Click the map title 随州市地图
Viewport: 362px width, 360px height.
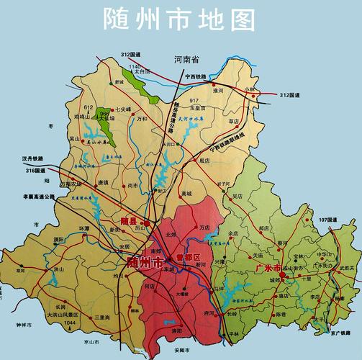coord(179,19)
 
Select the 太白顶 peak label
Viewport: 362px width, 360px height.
coord(141,72)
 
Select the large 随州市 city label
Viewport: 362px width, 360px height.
coord(143,262)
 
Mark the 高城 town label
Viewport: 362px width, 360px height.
coord(187,194)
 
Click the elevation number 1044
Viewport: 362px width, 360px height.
coord(69,323)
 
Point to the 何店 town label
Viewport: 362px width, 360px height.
coord(150,286)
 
